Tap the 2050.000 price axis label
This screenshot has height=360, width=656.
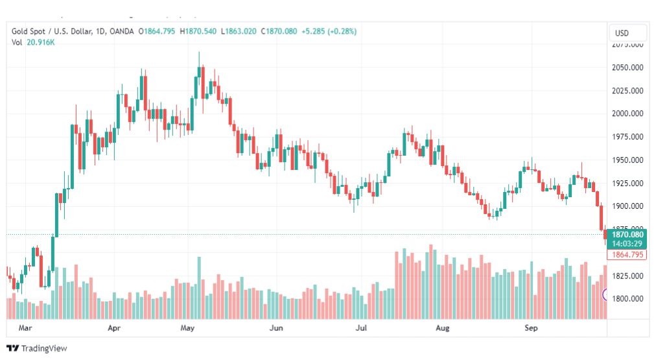627,67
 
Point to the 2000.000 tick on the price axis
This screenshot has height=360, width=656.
627,114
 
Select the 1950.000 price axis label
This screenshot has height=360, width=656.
627,160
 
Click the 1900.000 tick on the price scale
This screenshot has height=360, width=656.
627,206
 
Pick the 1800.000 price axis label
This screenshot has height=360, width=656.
627,299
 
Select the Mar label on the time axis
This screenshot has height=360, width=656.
25,329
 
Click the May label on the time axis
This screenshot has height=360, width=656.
187,329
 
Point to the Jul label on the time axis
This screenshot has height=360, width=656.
361,329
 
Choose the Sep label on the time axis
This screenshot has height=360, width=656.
531,329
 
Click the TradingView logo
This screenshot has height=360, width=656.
37,348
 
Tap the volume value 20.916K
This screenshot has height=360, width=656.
40,42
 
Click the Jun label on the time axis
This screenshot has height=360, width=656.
276,329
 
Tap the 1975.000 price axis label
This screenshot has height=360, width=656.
627,137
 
